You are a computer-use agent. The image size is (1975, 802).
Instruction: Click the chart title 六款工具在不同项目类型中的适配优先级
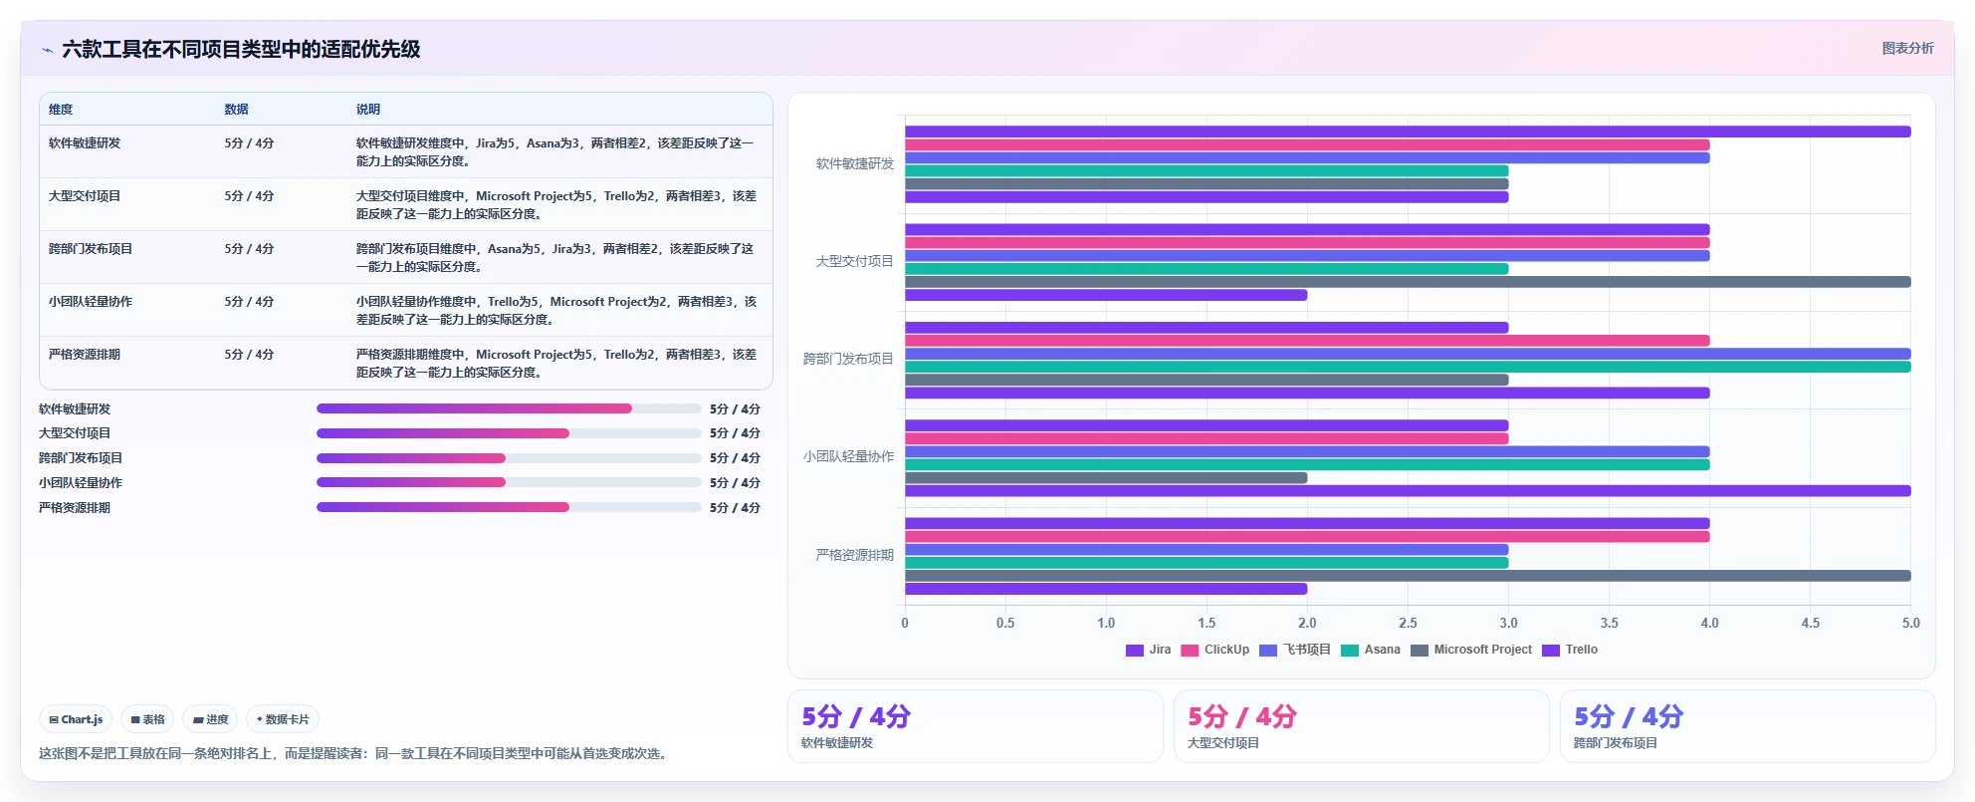[x=241, y=49]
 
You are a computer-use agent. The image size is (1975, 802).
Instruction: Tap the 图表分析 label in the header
[x=1907, y=48]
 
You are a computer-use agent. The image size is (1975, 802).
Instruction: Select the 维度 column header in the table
[x=61, y=110]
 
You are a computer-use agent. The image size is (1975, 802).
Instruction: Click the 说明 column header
[x=368, y=110]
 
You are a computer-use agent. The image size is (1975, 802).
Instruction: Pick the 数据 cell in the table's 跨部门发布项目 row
[x=249, y=249]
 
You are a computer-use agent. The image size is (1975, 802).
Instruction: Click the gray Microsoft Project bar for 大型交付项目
[x=1408, y=282]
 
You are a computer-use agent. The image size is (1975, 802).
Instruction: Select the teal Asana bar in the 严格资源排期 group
[x=1207, y=563]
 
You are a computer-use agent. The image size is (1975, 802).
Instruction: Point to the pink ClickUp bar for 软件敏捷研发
[x=1307, y=144]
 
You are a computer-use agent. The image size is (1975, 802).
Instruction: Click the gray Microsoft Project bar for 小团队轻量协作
[x=1106, y=478]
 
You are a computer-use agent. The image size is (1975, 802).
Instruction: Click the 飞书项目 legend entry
[x=1295, y=650]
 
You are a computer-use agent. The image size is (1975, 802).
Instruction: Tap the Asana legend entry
[x=1371, y=650]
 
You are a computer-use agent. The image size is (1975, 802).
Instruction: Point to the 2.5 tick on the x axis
[x=1408, y=623]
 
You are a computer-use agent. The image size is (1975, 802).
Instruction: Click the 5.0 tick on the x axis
[x=1911, y=623]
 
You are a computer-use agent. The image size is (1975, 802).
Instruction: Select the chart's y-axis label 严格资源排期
[x=855, y=555]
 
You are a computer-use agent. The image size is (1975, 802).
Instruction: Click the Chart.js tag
[x=76, y=719]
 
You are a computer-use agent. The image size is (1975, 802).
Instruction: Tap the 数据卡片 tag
[x=283, y=719]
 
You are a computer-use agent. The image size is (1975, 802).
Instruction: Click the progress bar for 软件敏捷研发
[x=509, y=408]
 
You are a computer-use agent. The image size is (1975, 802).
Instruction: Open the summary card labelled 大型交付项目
[x=1361, y=726]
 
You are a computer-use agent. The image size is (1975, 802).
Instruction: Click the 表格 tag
[x=147, y=719]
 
